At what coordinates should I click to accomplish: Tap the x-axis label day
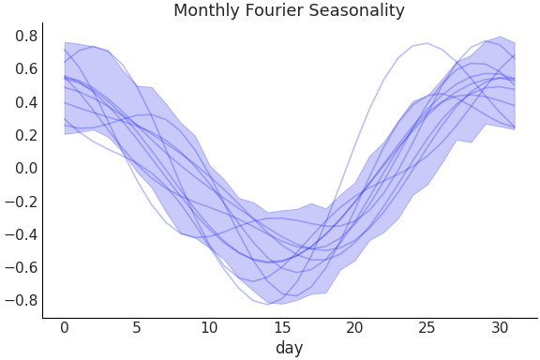tap(289, 348)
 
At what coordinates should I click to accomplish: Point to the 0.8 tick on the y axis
tap(26, 37)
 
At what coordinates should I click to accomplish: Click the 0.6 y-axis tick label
tap(26, 69)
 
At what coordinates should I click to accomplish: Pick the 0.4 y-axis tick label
tap(26, 102)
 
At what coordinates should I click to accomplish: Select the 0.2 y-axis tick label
tap(26, 135)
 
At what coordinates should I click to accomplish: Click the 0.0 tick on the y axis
tap(26, 169)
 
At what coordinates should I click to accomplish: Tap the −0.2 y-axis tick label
tap(22, 202)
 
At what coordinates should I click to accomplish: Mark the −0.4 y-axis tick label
tap(22, 234)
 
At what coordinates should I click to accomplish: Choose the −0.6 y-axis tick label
tap(22, 267)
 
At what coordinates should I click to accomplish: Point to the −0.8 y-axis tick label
tap(22, 300)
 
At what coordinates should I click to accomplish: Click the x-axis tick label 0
tap(65, 327)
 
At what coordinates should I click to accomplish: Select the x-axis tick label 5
tap(137, 327)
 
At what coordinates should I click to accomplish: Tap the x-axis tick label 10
tap(209, 327)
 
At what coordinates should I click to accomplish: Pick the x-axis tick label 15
tap(282, 327)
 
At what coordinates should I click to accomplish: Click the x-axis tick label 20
tap(354, 327)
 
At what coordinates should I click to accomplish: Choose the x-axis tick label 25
tap(427, 327)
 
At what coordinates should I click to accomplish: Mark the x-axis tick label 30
tap(499, 327)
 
